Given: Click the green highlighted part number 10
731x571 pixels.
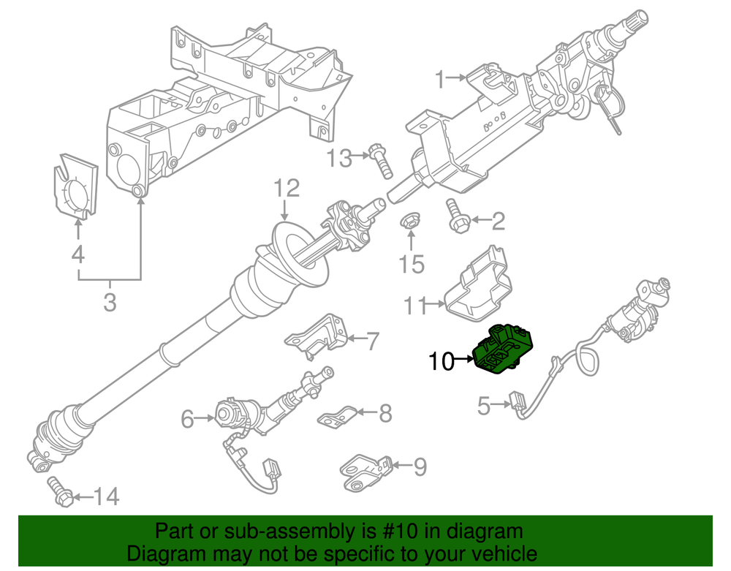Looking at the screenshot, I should click(x=505, y=350).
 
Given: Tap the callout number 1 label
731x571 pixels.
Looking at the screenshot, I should click(x=440, y=78).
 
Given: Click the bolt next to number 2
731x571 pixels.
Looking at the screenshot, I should click(x=456, y=217).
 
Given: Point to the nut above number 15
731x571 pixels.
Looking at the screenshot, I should click(x=411, y=222).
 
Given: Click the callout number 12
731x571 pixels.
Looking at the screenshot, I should click(x=287, y=189).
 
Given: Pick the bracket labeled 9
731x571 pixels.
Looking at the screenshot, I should click(x=363, y=469).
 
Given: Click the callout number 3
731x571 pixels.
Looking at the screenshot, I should click(x=109, y=300).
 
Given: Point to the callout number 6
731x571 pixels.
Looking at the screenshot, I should click(x=188, y=419).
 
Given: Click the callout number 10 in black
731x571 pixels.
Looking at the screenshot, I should click(x=442, y=360).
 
